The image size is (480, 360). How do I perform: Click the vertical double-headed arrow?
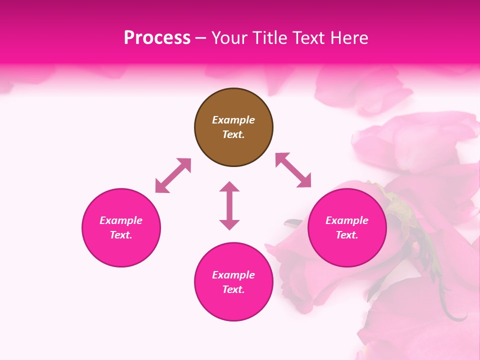[x=229, y=205]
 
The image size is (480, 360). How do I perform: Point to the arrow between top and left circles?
[x=173, y=175]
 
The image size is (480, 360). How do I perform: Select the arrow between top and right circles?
[x=293, y=170]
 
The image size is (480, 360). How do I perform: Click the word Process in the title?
[x=157, y=38]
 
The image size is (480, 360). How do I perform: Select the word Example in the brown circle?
[x=233, y=120]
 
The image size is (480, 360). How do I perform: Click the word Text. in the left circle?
[x=121, y=235]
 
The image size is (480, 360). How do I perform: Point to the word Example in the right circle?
[x=347, y=220]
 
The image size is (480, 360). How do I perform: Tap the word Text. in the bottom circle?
[x=233, y=289]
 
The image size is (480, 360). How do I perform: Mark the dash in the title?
[x=201, y=38]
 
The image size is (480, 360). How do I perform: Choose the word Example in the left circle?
[x=121, y=220]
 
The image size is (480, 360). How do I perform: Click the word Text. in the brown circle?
[x=233, y=134]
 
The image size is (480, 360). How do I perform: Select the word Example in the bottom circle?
[x=233, y=275]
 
